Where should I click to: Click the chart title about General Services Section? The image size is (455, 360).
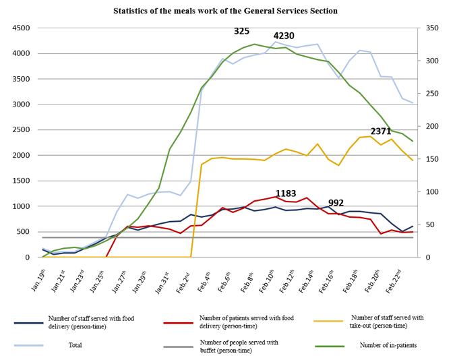[x=225, y=11]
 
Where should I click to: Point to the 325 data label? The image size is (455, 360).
[x=241, y=31]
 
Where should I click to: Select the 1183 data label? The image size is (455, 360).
[x=286, y=193]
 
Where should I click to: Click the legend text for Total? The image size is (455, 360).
[x=79, y=345]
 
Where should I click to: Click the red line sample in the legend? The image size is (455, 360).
[x=179, y=323]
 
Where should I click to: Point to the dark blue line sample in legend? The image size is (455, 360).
[x=29, y=323]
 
